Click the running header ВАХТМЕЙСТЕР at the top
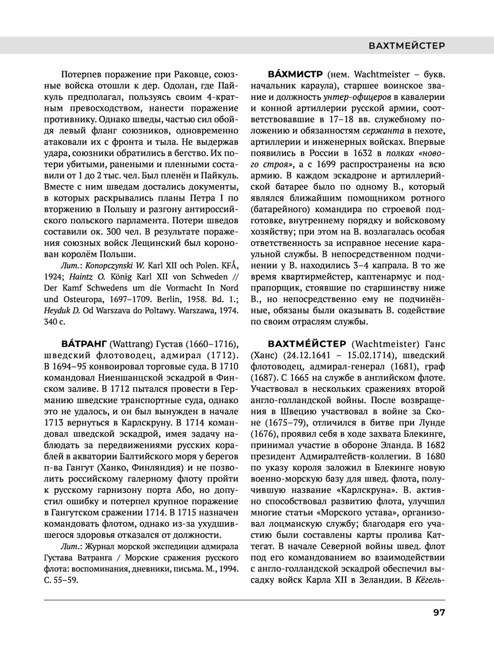(x=407, y=46)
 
